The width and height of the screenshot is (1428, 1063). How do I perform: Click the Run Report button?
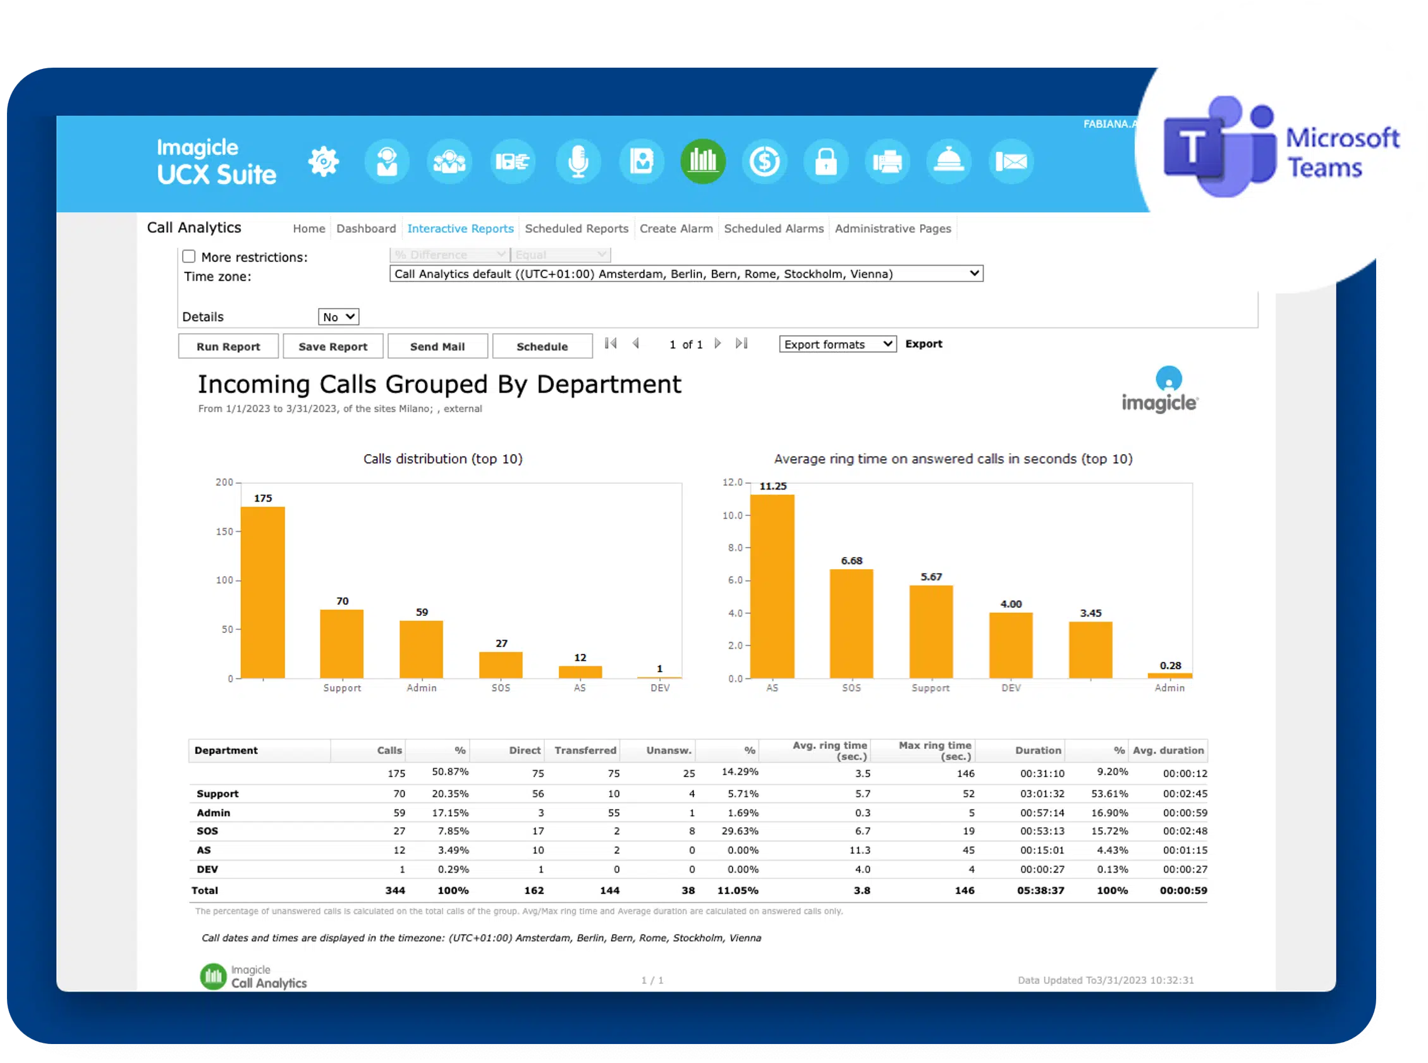pyautogui.click(x=228, y=346)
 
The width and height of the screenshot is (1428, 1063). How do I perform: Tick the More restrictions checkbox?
pyautogui.click(x=188, y=256)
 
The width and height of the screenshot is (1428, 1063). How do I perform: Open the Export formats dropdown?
pyautogui.click(x=837, y=344)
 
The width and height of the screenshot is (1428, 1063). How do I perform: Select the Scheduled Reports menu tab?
pyautogui.click(x=577, y=228)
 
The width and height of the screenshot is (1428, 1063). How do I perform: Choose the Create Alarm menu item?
pyautogui.click(x=676, y=228)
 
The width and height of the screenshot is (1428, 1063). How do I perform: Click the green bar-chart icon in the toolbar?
pyautogui.click(x=702, y=161)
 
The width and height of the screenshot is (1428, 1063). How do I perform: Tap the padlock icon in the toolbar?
pyautogui.click(x=826, y=161)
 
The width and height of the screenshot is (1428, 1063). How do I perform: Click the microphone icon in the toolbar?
pyautogui.click(x=578, y=161)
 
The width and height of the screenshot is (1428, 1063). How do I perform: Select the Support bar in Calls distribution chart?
pyautogui.click(x=341, y=644)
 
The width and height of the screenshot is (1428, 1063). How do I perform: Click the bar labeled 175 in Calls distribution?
pyautogui.click(x=262, y=592)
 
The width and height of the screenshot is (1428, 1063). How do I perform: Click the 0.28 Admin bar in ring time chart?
pyautogui.click(x=1169, y=675)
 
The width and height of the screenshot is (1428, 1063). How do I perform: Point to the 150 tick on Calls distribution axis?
pyautogui.click(x=224, y=531)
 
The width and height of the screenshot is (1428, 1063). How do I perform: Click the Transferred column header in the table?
pyautogui.click(x=585, y=750)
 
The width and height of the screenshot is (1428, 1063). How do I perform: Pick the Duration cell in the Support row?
pyautogui.click(x=1042, y=794)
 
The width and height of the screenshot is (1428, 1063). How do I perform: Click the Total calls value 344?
pyautogui.click(x=395, y=890)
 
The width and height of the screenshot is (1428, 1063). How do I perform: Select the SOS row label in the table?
pyautogui.click(x=207, y=832)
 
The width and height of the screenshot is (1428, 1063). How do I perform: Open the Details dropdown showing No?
pyautogui.click(x=338, y=317)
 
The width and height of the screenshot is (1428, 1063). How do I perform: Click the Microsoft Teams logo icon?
pyautogui.click(x=1219, y=147)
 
